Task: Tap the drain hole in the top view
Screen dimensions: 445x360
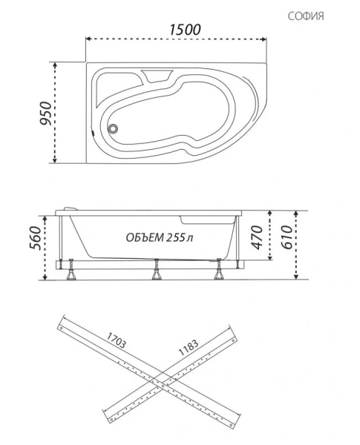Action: coord(114,127)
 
